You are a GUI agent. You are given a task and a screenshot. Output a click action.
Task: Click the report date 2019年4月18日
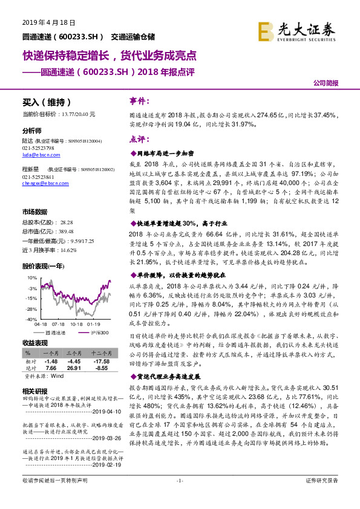(x=41, y=22)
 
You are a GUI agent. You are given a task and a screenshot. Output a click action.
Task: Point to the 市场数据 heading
(x=34, y=212)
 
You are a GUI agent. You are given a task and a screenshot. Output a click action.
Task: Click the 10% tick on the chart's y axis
(x=28, y=277)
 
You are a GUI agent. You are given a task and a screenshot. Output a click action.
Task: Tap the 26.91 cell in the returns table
(x=74, y=368)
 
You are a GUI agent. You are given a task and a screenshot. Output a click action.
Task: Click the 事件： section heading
(x=141, y=100)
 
